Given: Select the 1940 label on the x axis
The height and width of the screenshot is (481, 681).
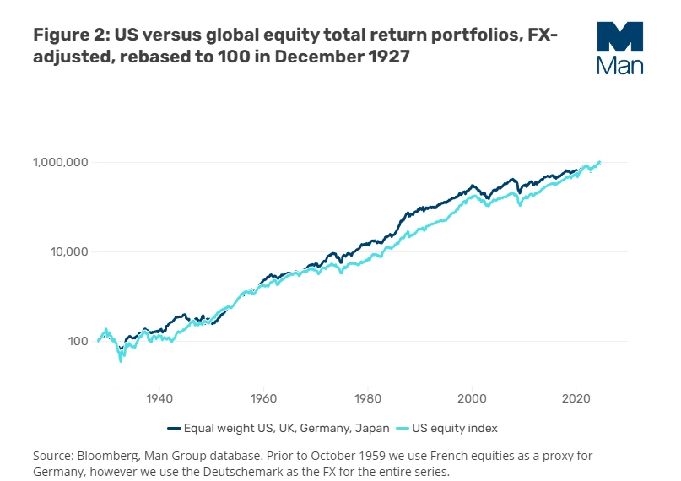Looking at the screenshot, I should [159, 397].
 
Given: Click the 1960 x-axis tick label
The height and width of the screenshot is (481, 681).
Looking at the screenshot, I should [264, 397].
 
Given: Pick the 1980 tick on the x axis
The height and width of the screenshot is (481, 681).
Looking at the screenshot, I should [368, 397].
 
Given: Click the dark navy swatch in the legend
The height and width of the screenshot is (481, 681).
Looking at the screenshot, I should [175, 428].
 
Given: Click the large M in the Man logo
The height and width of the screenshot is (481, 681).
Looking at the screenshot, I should [619, 38].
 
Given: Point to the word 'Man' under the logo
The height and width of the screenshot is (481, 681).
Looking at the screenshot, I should [619, 65].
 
